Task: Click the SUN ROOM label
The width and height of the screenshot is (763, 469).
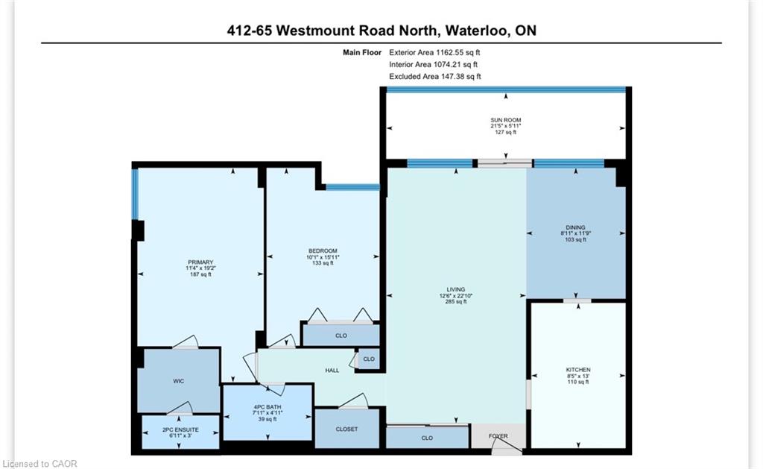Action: [x=506, y=120]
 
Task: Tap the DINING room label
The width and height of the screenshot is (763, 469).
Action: [x=575, y=227]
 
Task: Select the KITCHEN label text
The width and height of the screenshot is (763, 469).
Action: [x=578, y=370]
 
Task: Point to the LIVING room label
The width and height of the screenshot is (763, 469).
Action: [x=456, y=289]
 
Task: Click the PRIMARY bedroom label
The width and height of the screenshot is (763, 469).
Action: [x=200, y=262]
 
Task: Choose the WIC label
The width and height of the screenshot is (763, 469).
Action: [x=179, y=381]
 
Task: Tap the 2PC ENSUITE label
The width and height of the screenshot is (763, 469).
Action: [x=180, y=429]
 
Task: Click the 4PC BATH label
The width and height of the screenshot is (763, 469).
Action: [x=267, y=406]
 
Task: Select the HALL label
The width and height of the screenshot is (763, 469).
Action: [x=332, y=370]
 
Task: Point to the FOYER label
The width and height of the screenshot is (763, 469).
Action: [x=498, y=436]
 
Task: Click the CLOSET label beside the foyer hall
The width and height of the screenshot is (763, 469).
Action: [x=346, y=429]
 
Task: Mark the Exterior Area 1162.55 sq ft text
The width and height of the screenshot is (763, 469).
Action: [x=434, y=52]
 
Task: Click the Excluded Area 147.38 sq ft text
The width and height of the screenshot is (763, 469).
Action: [x=435, y=77]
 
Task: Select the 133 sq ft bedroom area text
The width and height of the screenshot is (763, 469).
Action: [x=323, y=263]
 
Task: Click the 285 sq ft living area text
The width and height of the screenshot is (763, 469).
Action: [x=456, y=301]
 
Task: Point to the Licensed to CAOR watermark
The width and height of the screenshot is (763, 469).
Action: [x=39, y=464]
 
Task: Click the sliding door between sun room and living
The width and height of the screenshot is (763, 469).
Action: [x=505, y=163]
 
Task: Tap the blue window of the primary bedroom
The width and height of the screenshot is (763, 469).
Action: [x=136, y=194]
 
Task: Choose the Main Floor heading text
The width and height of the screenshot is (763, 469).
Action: [x=362, y=52]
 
